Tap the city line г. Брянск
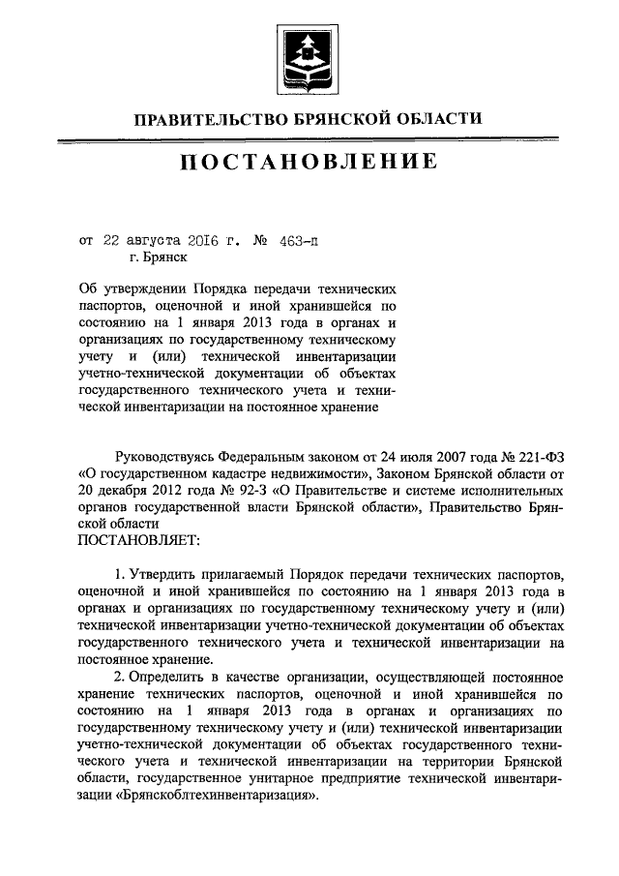click(x=158, y=257)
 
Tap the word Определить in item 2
click(x=173, y=696)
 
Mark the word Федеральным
click(x=263, y=454)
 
